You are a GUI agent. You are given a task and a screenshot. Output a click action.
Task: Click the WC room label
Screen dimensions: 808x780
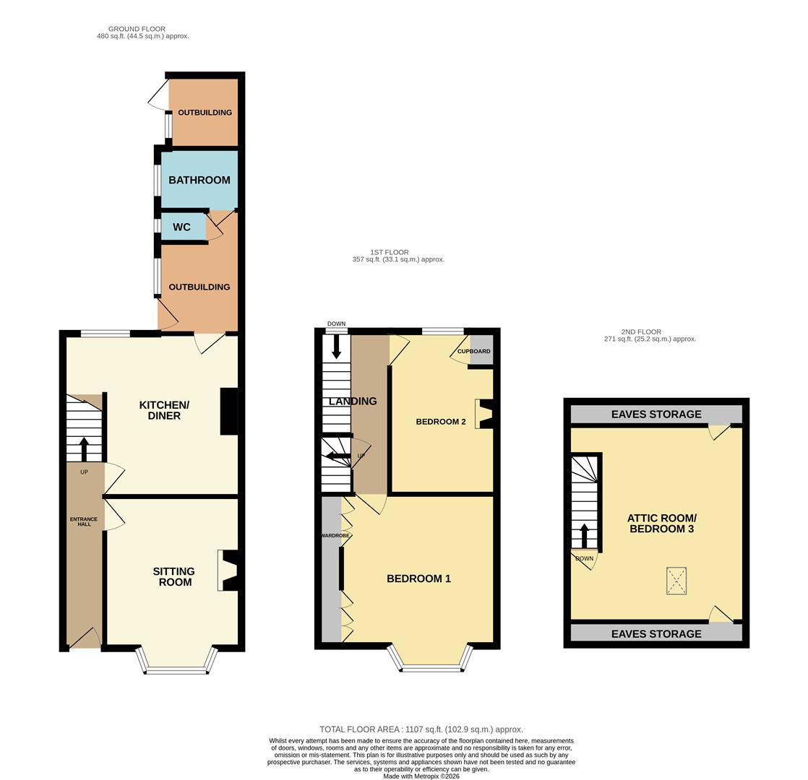click(181, 227)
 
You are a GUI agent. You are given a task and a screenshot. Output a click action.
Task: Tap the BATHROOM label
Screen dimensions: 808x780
click(199, 181)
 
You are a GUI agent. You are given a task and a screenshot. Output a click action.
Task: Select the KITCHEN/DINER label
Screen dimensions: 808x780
click(164, 410)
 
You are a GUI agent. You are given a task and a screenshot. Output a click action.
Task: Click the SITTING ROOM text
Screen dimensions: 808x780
click(174, 576)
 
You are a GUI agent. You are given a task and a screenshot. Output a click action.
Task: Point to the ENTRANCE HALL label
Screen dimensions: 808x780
click(84, 521)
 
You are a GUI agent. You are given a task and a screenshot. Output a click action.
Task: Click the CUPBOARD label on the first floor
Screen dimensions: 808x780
click(474, 351)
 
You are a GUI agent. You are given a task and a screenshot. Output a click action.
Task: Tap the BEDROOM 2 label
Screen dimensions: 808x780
click(441, 422)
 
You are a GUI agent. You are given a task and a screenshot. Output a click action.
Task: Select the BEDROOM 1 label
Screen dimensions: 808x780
click(419, 578)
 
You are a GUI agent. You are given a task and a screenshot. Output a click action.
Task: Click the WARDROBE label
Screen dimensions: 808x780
click(335, 535)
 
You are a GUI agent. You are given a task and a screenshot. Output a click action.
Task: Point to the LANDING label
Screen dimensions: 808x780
click(353, 401)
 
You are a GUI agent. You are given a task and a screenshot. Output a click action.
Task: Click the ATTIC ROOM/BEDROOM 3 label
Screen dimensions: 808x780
click(662, 524)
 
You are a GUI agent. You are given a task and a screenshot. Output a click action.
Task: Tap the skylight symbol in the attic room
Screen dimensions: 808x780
click(676, 581)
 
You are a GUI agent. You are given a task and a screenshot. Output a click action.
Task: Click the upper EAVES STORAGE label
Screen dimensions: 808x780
click(656, 414)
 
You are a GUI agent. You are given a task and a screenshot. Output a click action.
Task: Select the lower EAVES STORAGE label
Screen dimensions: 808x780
click(656, 634)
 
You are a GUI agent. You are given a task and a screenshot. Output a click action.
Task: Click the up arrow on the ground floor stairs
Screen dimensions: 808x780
click(84, 449)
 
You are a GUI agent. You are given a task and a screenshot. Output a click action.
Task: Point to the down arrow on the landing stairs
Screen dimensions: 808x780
click(337, 346)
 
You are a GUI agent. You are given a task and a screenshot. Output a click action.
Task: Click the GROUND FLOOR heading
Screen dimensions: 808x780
click(137, 29)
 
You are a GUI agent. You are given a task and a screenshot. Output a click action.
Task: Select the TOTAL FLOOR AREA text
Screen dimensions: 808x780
click(421, 729)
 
